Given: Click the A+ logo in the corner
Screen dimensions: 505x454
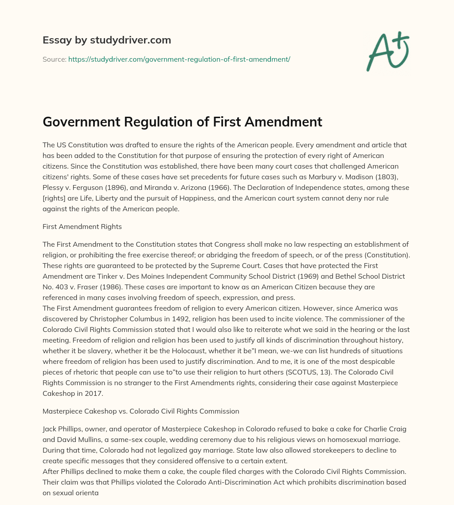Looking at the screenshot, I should (387, 51).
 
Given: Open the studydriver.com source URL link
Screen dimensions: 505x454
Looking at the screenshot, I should (179, 59).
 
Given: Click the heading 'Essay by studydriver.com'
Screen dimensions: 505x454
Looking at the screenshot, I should (106, 40).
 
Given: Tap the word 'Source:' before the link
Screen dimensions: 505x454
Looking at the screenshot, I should (54, 59).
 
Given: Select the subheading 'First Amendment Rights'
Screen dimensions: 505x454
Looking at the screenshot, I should (82, 226).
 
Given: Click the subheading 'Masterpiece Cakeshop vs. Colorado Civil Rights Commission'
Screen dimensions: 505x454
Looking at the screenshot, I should (141, 411).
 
